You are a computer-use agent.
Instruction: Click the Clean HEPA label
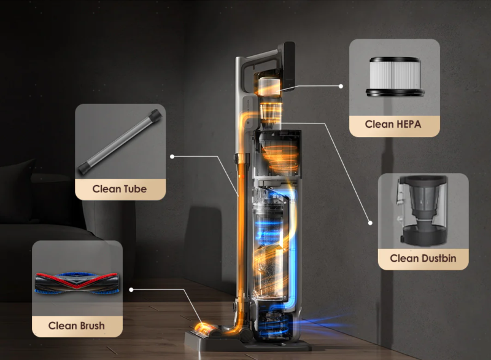(x=393, y=124)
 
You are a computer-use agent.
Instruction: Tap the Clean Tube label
(x=119, y=189)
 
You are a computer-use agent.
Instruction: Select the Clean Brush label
(x=76, y=326)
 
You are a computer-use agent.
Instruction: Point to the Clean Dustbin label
(x=423, y=259)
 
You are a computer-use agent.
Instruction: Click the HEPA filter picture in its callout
(x=395, y=76)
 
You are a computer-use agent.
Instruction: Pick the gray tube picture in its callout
(x=120, y=141)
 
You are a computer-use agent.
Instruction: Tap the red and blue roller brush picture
(x=77, y=283)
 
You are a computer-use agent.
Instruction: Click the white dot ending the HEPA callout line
(x=341, y=86)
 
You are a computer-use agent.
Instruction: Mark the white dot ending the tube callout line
(x=172, y=156)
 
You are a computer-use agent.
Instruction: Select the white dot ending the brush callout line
(x=131, y=290)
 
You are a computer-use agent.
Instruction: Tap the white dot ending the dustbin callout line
(x=370, y=223)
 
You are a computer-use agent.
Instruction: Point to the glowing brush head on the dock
(x=206, y=330)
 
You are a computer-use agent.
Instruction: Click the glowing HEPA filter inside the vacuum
(x=269, y=86)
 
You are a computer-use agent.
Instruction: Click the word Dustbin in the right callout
(x=439, y=259)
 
